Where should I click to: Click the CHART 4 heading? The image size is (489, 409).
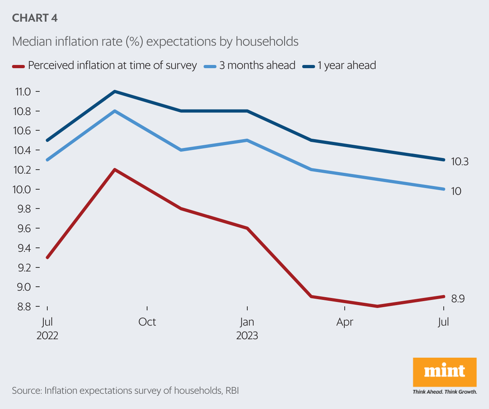pyautogui.click(x=35, y=18)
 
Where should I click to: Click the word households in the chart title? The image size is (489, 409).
pyautogui.click(x=267, y=41)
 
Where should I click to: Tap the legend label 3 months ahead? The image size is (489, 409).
pyautogui.click(x=257, y=65)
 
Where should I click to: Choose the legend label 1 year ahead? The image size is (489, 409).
pyautogui.click(x=347, y=65)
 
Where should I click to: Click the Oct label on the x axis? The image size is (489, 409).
pyautogui.click(x=147, y=322)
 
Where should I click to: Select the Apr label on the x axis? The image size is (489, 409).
pyautogui.click(x=345, y=322)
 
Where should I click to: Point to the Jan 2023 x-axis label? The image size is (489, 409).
pyautogui.click(x=247, y=328)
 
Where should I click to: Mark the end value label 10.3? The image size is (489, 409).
pyautogui.click(x=459, y=162)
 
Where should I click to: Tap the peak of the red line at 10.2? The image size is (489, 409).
pyautogui.click(x=115, y=170)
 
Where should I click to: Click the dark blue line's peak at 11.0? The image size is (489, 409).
pyautogui.click(x=115, y=91)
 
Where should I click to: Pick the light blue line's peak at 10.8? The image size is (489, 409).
pyautogui.click(x=115, y=111)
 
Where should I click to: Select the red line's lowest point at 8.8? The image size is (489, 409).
pyautogui.click(x=377, y=306)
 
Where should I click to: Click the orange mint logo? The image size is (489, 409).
pyautogui.click(x=445, y=372)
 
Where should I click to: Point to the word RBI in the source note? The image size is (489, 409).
pyautogui.click(x=232, y=391)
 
